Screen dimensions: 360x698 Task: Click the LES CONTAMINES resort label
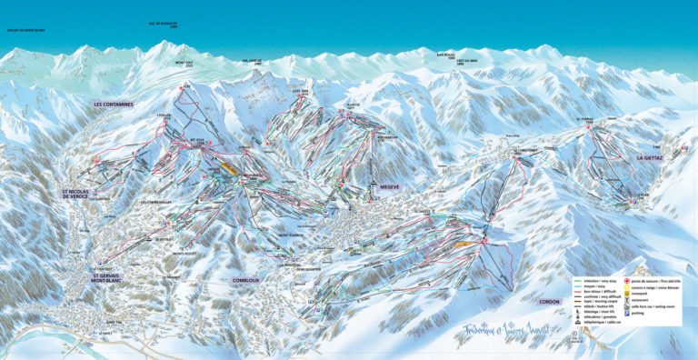114,105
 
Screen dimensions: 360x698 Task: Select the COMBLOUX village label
245,280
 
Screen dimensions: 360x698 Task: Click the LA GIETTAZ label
653,157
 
